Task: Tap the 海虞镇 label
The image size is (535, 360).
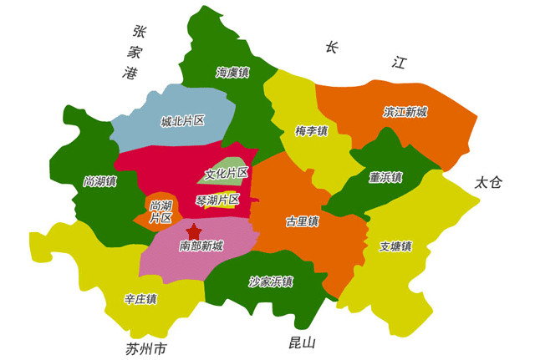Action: click(232, 73)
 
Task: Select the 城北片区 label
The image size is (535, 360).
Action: click(183, 121)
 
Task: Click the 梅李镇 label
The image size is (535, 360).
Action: click(311, 131)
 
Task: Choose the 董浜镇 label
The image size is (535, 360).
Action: click(385, 177)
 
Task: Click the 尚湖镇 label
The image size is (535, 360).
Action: click(99, 180)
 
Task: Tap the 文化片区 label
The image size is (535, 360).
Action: click(227, 175)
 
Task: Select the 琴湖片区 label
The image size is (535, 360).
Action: click(217, 200)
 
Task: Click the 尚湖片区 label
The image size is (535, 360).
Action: click(160, 211)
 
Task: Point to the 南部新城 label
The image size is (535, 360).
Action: click(201, 246)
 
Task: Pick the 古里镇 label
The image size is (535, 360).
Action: click(302, 222)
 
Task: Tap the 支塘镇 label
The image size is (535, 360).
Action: click(395, 246)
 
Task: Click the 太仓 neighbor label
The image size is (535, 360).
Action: click(487, 183)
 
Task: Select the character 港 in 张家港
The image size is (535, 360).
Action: click(129, 73)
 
